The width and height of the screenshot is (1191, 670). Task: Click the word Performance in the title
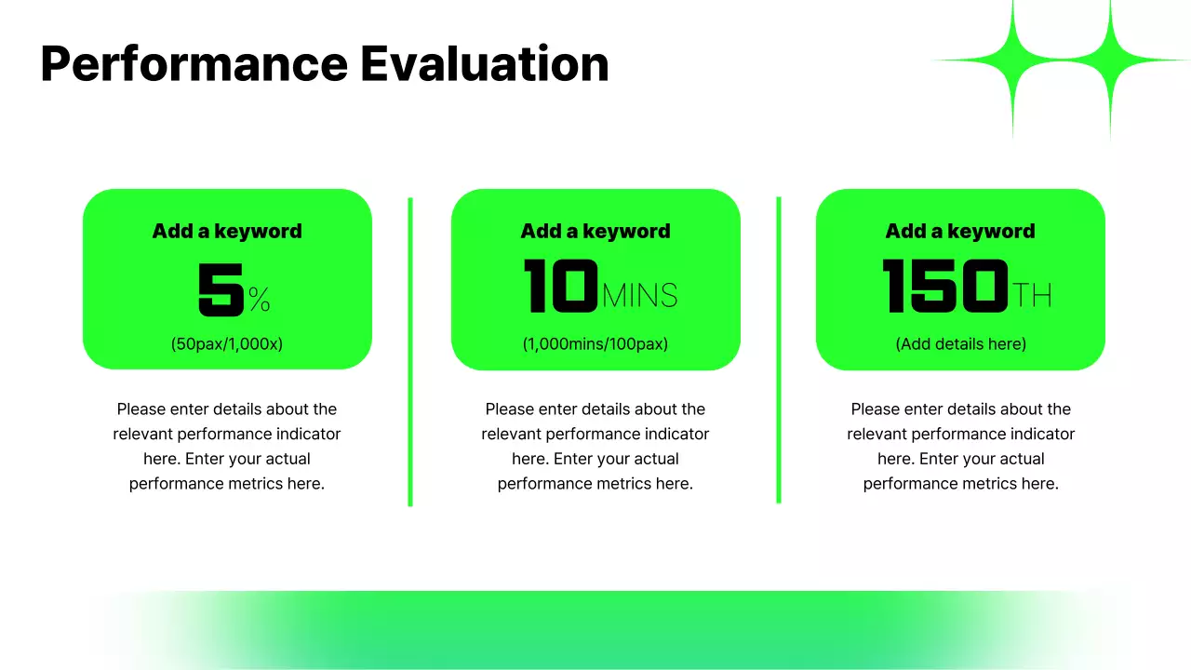(x=194, y=64)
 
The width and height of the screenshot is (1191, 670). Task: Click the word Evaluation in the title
(x=484, y=64)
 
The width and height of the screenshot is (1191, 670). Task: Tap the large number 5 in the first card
(x=221, y=288)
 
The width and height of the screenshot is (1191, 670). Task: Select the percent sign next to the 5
(x=259, y=299)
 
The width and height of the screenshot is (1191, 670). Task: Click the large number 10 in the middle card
(x=560, y=287)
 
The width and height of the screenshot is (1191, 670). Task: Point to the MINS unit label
(x=639, y=296)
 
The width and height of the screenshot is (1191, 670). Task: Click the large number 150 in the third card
(x=944, y=287)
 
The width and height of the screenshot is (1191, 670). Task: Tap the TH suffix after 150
(x=1031, y=296)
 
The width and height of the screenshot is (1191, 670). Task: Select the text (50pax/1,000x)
(x=227, y=343)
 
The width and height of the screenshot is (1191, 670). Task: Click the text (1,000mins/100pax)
(x=595, y=343)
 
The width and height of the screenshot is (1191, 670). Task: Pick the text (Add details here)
(x=960, y=343)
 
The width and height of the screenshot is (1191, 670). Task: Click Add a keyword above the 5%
(x=227, y=231)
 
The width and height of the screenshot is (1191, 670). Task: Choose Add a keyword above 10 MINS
(x=595, y=231)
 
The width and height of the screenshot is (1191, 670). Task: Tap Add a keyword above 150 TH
(x=960, y=231)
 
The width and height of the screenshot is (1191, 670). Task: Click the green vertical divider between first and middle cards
(x=410, y=352)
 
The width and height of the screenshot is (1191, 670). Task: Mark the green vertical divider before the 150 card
(x=779, y=350)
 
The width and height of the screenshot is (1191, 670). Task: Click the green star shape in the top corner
(x=1061, y=61)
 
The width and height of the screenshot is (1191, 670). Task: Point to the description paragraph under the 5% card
(x=227, y=446)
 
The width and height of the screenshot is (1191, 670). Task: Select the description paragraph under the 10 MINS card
(x=595, y=446)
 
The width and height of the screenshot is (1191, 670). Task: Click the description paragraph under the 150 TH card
(x=960, y=446)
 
